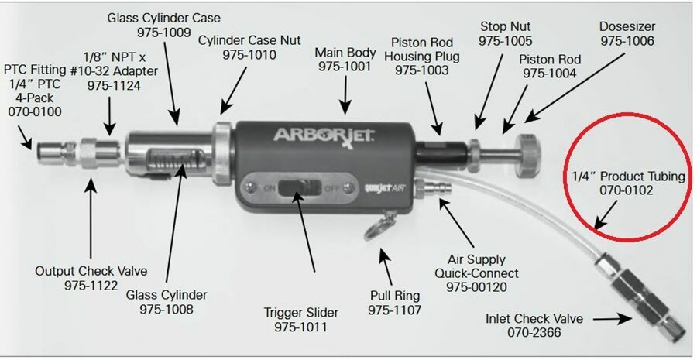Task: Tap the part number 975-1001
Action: click(x=345, y=67)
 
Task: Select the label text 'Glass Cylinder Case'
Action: click(x=163, y=17)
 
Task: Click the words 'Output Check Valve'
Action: click(x=91, y=271)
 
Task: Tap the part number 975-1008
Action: click(x=167, y=309)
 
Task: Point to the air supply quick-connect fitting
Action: click(x=428, y=187)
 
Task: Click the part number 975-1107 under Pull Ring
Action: click(x=395, y=310)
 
